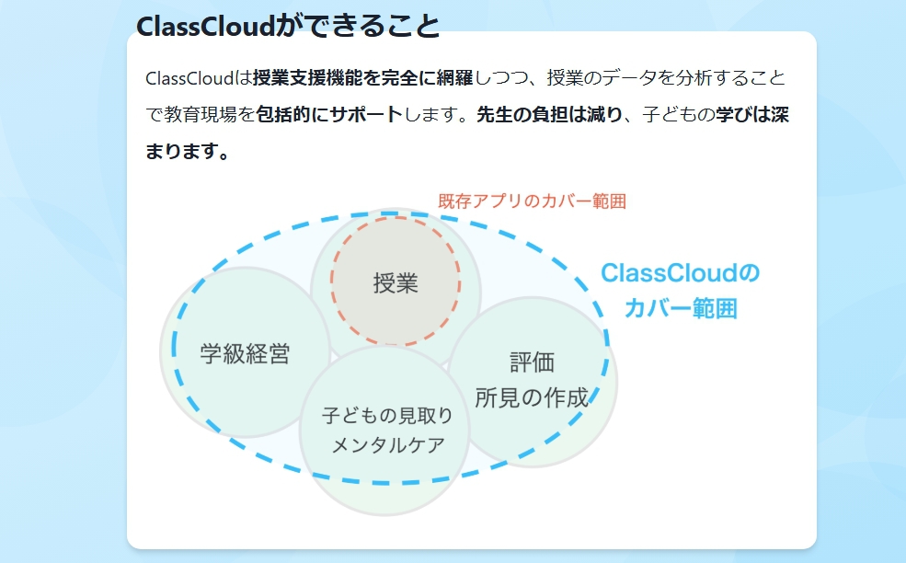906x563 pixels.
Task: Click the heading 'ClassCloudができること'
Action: pos(288,26)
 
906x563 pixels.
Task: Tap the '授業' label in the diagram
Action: pos(396,283)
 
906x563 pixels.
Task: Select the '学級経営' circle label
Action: pos(245,353)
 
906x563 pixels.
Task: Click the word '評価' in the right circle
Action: pos(532,362)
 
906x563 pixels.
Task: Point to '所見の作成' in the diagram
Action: pos(532,397)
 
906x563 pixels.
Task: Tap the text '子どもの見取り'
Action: pos(387,415)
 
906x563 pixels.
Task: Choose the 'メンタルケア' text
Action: pos(388,445)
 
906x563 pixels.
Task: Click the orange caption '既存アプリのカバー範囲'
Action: pos(533,201)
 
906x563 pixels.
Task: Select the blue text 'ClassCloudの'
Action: pos(680,273)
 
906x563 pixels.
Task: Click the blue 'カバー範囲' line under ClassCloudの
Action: pos(681,308)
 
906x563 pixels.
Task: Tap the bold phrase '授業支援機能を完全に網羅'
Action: pos(363,77)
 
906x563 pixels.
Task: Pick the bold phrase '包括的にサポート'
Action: pos(329,114)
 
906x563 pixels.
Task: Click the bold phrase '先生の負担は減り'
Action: pos(549,114)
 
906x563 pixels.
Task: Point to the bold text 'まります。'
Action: pos(188,151)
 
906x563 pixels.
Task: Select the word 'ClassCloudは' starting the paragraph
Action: pos(199,77)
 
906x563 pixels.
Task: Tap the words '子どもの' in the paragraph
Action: pos(679,114)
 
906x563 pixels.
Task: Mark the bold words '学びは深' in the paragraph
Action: pos(752,114)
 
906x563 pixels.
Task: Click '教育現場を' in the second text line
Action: pos(210,114)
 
